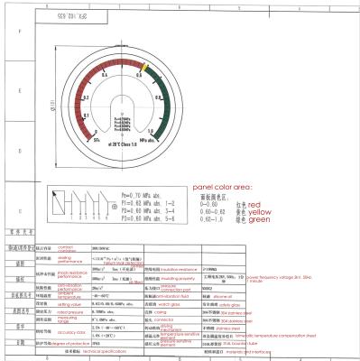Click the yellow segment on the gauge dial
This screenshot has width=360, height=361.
click(x=144, y=68)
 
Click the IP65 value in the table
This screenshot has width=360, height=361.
click(x=97, y=345)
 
